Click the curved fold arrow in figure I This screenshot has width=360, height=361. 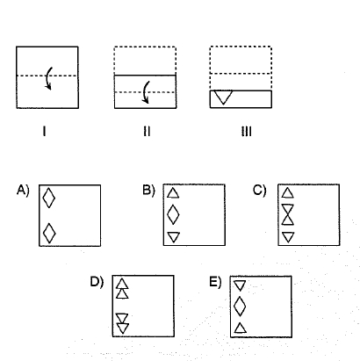(x=47, y=78)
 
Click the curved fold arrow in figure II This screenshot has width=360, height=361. (x=145, y=92)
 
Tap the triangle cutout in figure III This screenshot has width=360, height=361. (x=223, y=97)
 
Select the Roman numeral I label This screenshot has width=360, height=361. (x=44, y=131)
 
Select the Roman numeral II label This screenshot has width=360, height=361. (x=147, y=131)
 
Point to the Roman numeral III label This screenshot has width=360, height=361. (x=247, y=131)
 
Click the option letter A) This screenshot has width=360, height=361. (x=23, y=191)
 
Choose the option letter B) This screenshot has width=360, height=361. (x=148, y=191)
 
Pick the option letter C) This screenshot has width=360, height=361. (x=260, y=191)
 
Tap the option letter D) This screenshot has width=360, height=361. (x=97, y=282)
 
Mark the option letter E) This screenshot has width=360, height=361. (x=215, y=282)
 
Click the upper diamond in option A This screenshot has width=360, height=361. (x=49, y=198)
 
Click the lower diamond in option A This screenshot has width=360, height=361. (x=49, y=233)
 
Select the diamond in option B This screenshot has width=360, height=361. (x=173, y=214)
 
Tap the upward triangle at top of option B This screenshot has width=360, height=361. (x=173, y=194)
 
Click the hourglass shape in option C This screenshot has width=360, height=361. (x=288, y=214)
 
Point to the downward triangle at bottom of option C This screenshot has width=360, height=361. (x=288, y=236)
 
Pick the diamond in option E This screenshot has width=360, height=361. (x=240, y=307)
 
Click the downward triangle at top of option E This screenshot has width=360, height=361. (x=240, y=285)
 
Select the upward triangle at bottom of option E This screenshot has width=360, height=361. (x=240, y=329)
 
